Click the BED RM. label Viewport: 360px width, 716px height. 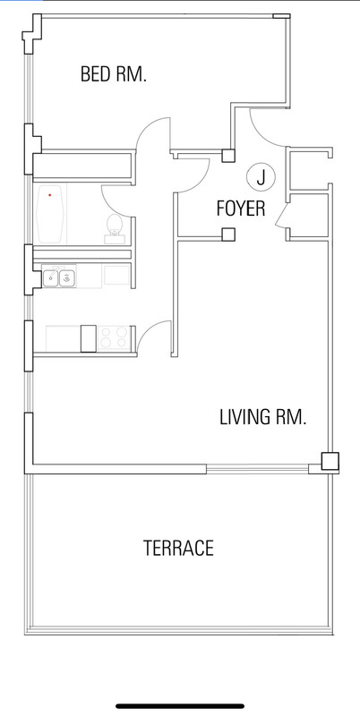(x=114, y=74)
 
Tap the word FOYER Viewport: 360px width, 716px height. (x=241, y=209)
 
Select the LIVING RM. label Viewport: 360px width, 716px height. (x=262, y=417)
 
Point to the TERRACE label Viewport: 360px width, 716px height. (x=178, y=548)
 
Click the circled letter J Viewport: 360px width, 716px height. (x=261, y=176)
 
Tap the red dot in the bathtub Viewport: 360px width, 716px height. (x=50, y=195)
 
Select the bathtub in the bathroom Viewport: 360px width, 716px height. (x=50, y=214)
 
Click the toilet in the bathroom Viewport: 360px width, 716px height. (x=114, y=227)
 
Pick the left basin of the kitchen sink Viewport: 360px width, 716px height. (x=51, y=277)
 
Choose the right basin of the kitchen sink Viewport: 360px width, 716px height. (x=66, y=277)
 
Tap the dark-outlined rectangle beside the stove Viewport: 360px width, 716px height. (x=89, y=338)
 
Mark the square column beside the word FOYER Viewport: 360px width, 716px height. (x=228, y=234)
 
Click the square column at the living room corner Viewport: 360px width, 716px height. (x=330, y=461)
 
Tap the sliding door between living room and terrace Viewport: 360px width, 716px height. (x=257, y=469)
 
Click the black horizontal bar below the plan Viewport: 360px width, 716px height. (x=180, y=706)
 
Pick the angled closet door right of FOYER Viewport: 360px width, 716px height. (x=280, y=214)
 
